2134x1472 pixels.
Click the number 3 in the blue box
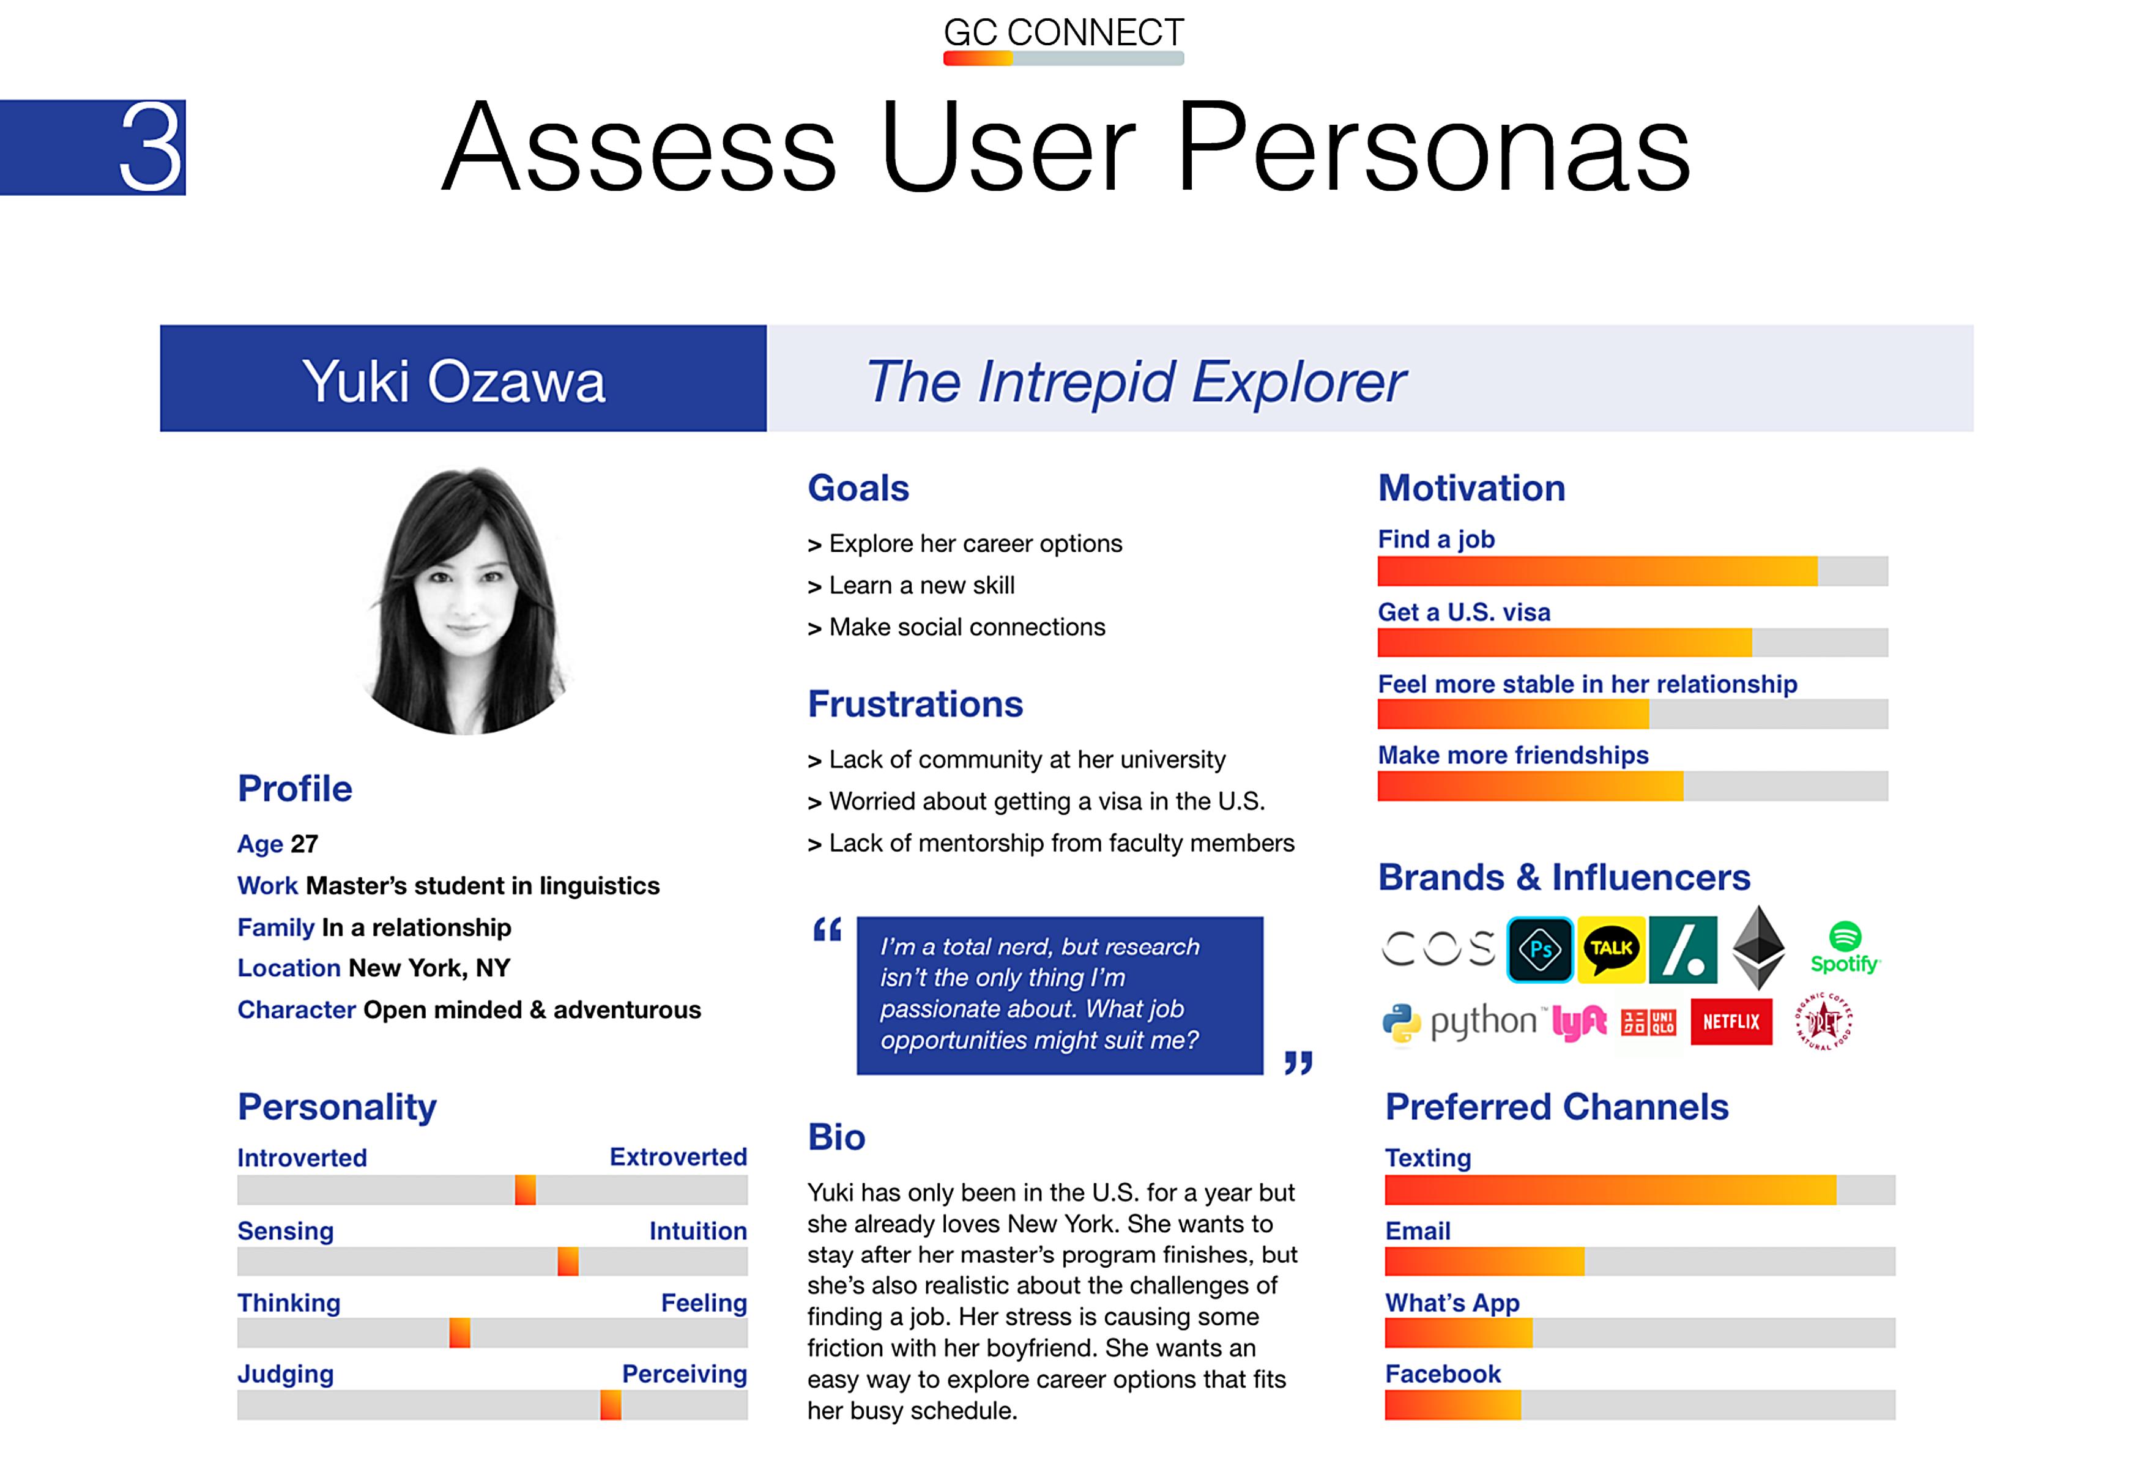click(x=151, y=147)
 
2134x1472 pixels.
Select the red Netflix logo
click(x=1731, y=1021)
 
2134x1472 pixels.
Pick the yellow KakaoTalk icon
click(x=1611, y=949)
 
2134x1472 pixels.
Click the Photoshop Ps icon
click(x=1540, y=949)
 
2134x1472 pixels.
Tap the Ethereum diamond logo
click(x=1759, y=946)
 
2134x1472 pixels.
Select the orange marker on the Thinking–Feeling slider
click(x=459, y=1333)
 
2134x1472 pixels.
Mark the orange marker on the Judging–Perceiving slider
click(x=611, y=1405)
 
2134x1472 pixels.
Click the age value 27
click(x=304, y=844)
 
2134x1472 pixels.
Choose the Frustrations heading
click(x=915, y=704)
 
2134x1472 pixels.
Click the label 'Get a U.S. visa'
click(x=1463, y=612)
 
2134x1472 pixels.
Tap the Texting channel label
click(x=1427, y=1158)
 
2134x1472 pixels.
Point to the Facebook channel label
click(x=1442, y=1374)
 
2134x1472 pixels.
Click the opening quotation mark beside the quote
click(x=827, y=930)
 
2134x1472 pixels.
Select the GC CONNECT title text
click(x=1063, y=32)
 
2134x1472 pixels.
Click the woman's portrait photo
click(x=467, y=600)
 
